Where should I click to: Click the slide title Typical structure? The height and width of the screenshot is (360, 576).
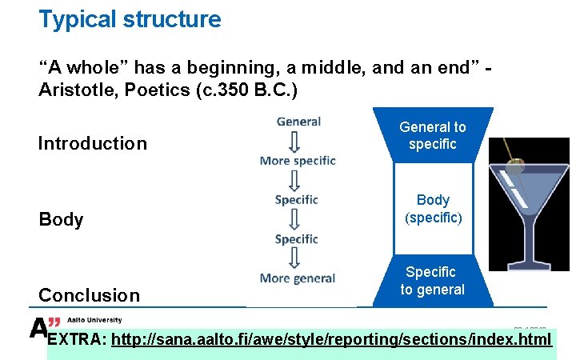coord(130,19)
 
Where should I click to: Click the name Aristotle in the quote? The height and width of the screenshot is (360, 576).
coord(75,90)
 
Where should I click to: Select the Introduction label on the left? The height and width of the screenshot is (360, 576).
coord(93,144)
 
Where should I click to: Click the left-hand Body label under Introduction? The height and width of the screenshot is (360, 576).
coord(61,219)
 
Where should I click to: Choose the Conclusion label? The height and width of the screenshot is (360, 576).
coord(89,295)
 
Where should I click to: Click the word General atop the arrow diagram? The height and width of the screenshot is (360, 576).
coord(298,122)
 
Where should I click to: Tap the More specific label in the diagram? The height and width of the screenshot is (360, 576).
coord(298,160)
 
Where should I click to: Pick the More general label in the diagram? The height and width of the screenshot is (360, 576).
coord(298,278)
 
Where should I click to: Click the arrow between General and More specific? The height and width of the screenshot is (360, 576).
coord(295,141)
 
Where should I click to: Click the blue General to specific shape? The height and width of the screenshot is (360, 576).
coord(433,135)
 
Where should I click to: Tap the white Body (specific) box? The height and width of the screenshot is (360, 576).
coord(433,209)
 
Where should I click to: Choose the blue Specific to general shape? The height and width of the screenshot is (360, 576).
coord(432,281)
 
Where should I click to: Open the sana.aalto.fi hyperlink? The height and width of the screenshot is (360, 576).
coord(331,340)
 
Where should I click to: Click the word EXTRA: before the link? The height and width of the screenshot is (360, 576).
coord(77,340)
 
